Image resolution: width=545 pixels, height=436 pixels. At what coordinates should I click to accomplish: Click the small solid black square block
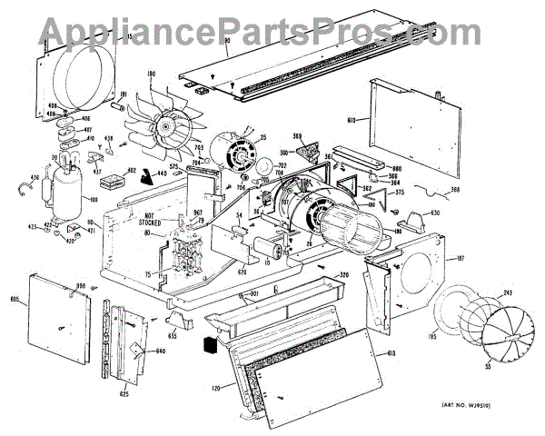pos(209,346)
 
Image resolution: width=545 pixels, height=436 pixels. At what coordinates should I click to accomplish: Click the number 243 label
pos(506,292)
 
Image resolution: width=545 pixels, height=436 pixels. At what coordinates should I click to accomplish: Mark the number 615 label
pos(391,353)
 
